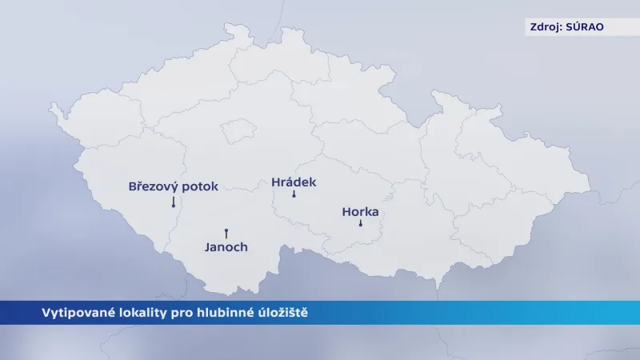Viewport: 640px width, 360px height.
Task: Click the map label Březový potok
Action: point(173,186)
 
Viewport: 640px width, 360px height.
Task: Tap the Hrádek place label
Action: point(294,182)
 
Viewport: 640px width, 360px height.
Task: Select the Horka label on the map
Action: point(359,212)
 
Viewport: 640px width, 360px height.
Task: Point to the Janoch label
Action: point(226,247)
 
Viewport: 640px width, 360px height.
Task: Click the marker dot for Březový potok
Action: point(173,206)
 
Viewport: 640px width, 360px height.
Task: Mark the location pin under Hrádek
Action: point(294,195)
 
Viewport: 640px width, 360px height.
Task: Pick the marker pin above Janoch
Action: point(226,231)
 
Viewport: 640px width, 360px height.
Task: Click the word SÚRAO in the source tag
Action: point(585,26)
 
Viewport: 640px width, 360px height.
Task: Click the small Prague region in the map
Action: point(237,131)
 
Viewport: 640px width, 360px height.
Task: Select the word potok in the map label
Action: point(199,186)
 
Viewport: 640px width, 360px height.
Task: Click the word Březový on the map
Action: point(153,186)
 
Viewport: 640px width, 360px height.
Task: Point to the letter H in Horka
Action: point(346,212)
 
